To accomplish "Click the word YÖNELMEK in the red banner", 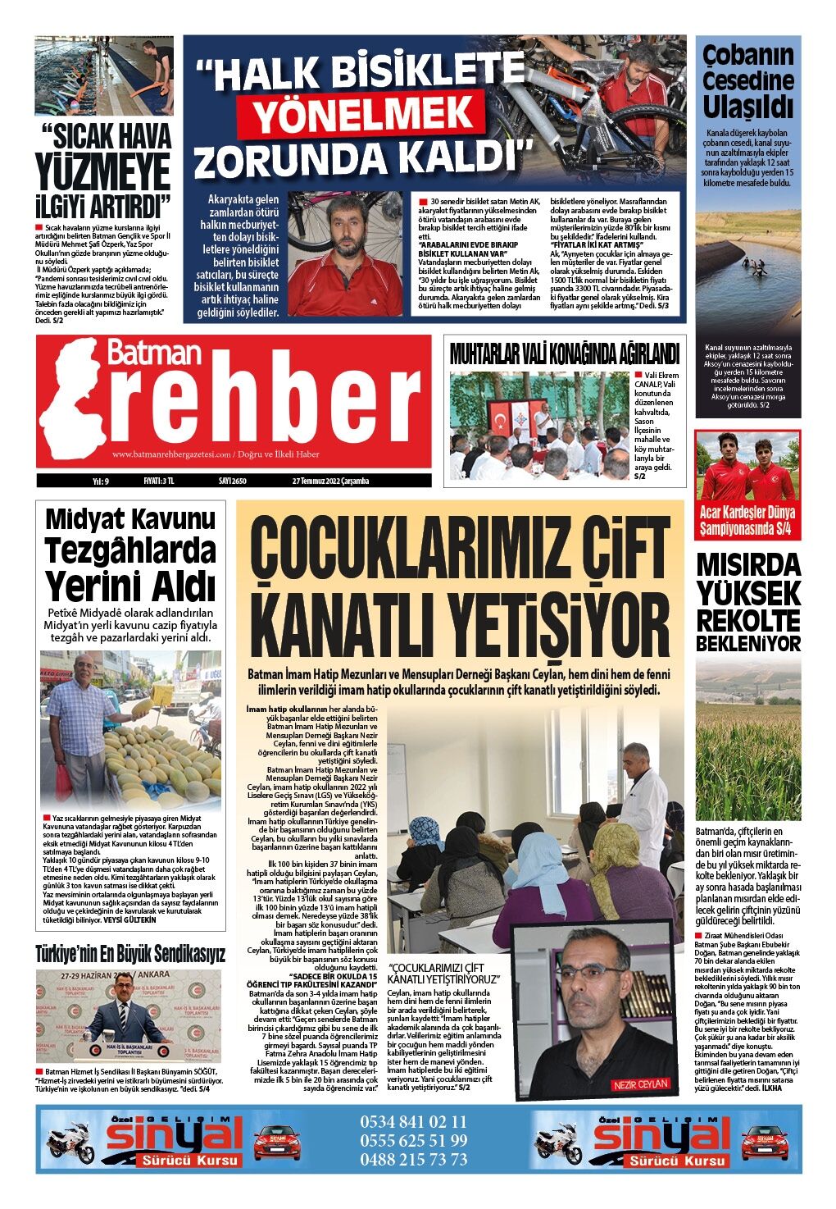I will point(356,115).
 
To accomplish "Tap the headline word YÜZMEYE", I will point(103,172).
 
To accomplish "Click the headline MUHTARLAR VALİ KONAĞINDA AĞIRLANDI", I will point(564,354).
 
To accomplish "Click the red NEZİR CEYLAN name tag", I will point(640,1084).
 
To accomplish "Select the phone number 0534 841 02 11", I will point(414,1121).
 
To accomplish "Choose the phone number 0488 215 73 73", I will point(414,1159).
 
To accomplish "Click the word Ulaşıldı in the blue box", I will point(748,107).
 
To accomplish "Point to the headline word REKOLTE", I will point(748,620).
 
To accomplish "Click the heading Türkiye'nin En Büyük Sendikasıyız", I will point(130,954).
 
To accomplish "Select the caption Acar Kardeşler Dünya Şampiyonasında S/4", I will point(747,522).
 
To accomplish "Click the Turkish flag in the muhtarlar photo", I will point(501,422).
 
